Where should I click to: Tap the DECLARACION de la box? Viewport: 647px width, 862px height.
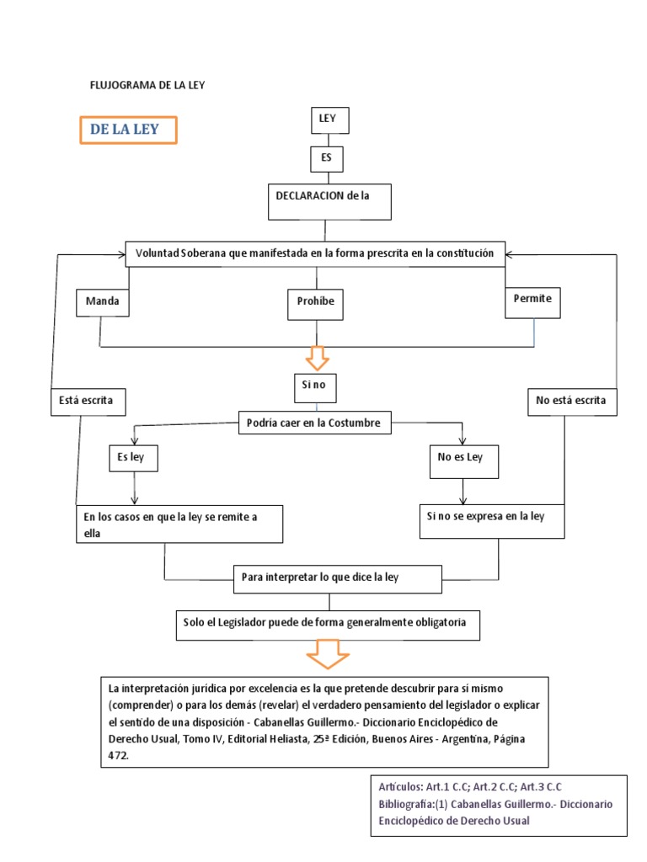pos(329,200)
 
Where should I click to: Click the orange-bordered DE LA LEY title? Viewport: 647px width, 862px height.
pos(129,130)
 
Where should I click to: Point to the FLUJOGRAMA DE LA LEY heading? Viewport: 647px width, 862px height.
pos(147,85)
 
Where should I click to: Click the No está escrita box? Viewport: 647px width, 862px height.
pos(572,402)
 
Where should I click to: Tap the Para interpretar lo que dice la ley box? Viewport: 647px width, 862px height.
pos(337,579)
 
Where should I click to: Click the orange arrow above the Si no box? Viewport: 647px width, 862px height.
pos(317,357)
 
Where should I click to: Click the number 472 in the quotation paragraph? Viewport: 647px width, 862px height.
pos(119,756)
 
